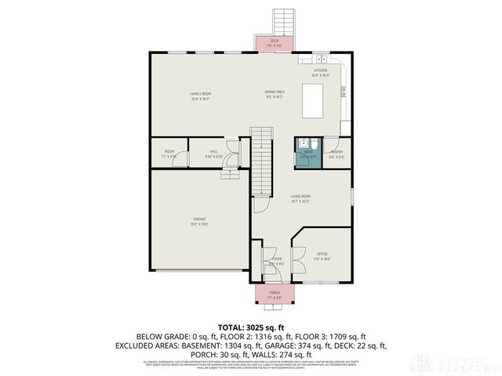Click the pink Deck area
pos(275,43)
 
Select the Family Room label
pos(201,96)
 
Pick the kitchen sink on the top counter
pos(322,60)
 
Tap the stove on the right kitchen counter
pos(344,90)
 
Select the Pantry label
pos(336,154)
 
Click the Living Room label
pos(300,198)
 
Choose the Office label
pos(322,255)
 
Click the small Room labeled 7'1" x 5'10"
pos(169,154)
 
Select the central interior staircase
pos(260,161)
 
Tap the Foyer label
pos(276,261)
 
